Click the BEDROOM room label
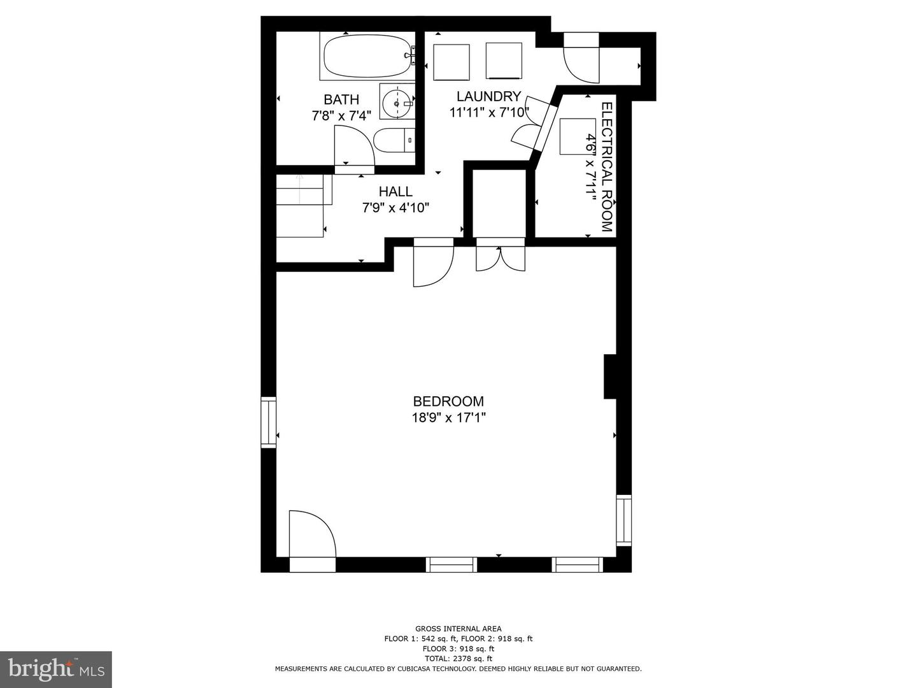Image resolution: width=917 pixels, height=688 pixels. pos(448,401)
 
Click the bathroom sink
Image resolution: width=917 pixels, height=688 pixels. pos(397,102)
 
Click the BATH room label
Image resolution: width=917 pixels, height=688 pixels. pos(341,99)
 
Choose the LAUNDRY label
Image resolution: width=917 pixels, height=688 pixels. pos(488,96)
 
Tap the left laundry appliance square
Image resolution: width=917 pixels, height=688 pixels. pos(451,62)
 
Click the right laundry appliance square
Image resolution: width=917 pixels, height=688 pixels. pos(504,61)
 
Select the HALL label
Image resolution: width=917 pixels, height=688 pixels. pos(395,191)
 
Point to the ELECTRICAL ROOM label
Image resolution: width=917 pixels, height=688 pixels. pos(607,167)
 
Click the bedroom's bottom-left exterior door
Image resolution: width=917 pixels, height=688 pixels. pos(311,535)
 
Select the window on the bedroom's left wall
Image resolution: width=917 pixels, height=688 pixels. pos(269,422)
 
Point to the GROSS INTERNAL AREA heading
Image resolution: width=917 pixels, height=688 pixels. pos(458,629)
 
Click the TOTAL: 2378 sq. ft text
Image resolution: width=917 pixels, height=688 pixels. pos(458,659)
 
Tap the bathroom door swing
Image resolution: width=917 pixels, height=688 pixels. pos(353,145)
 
